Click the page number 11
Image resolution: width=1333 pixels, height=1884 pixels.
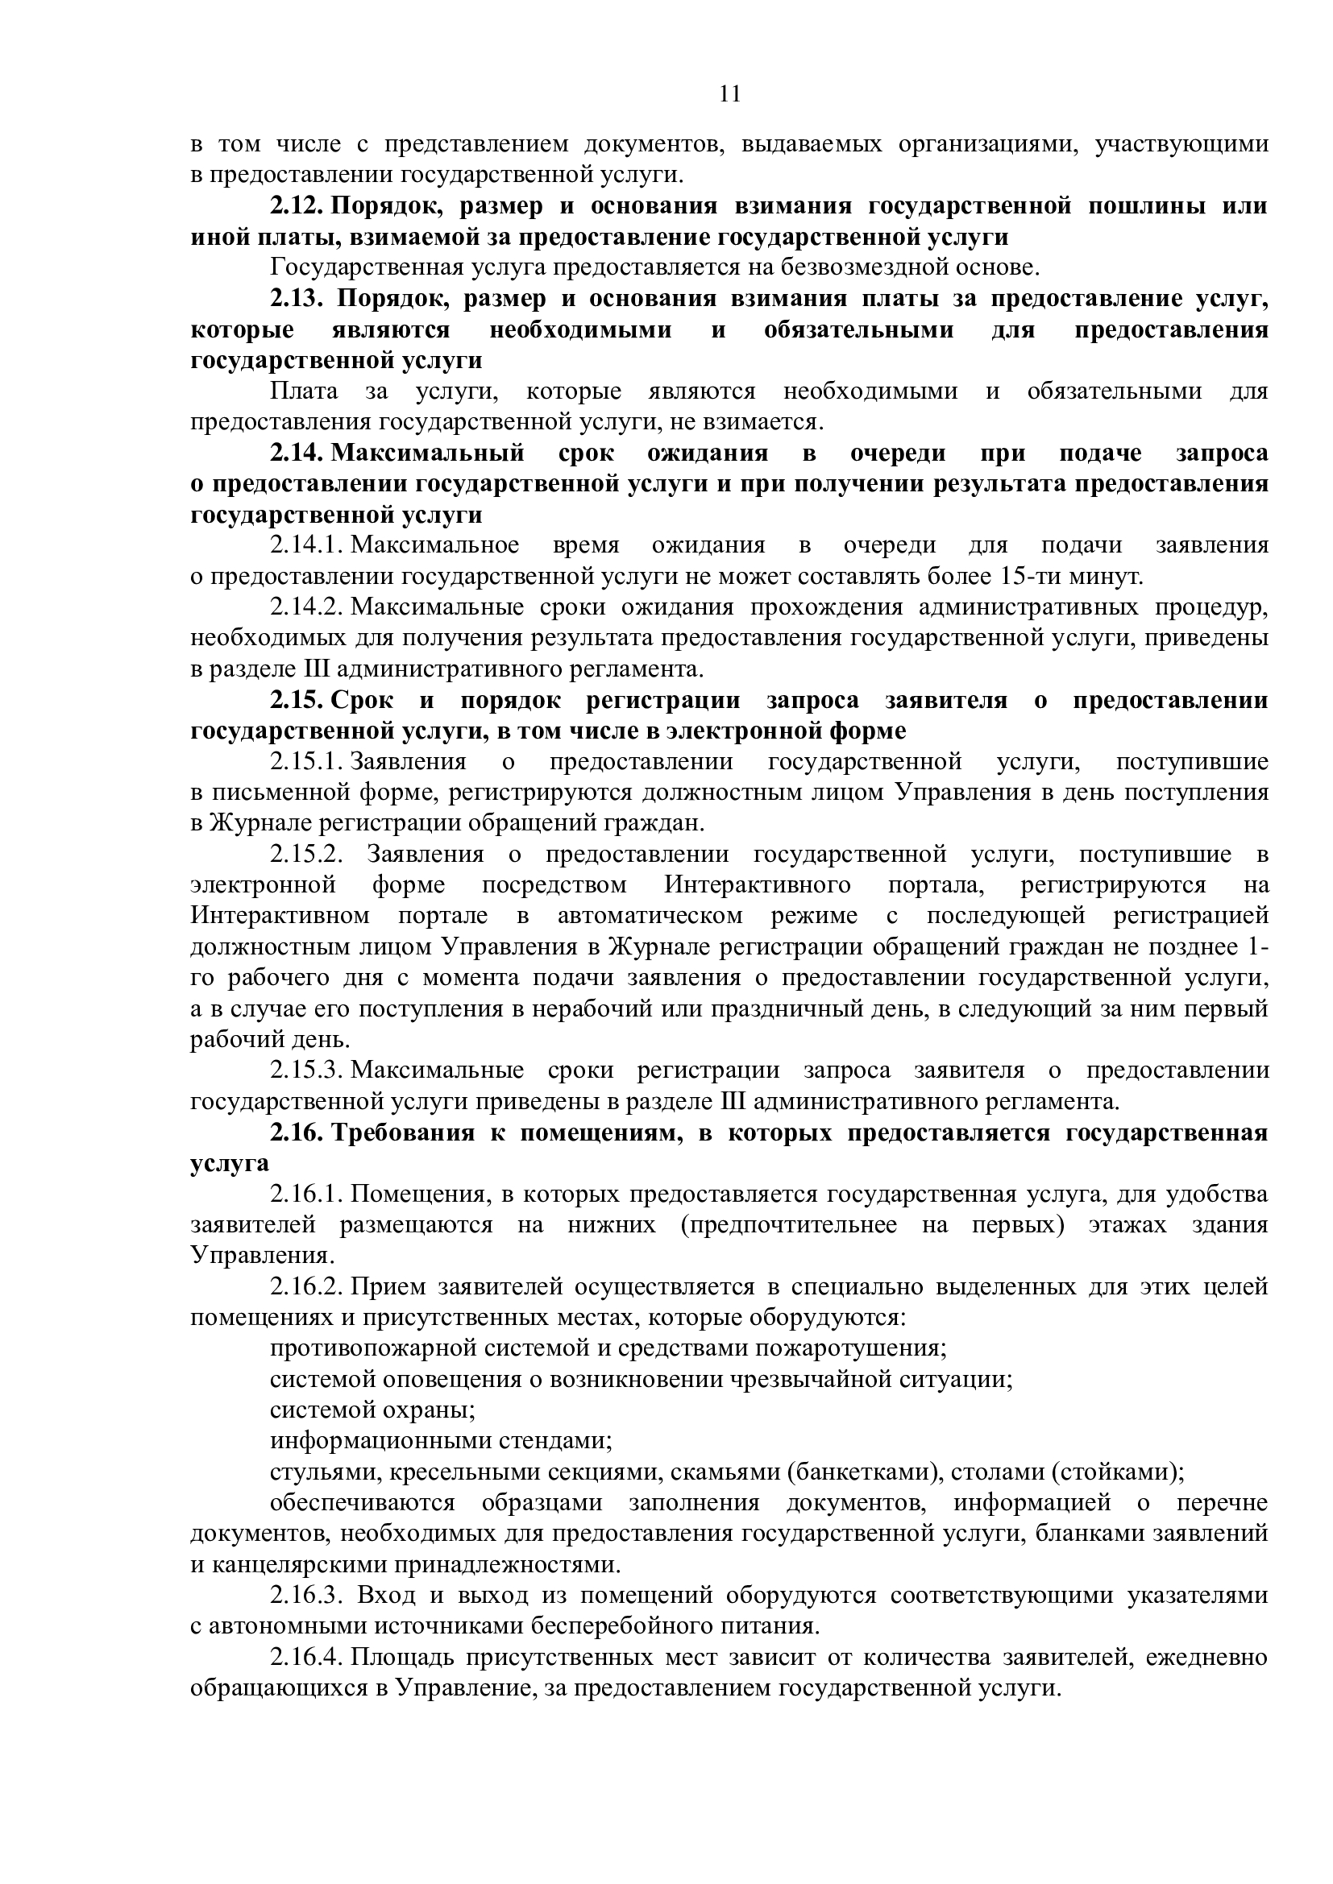[729, 94]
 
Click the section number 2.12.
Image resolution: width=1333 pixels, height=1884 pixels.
[299, 206]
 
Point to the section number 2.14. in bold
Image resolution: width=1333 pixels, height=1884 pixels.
[299, 453]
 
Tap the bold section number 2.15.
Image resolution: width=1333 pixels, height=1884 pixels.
[299, 701]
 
